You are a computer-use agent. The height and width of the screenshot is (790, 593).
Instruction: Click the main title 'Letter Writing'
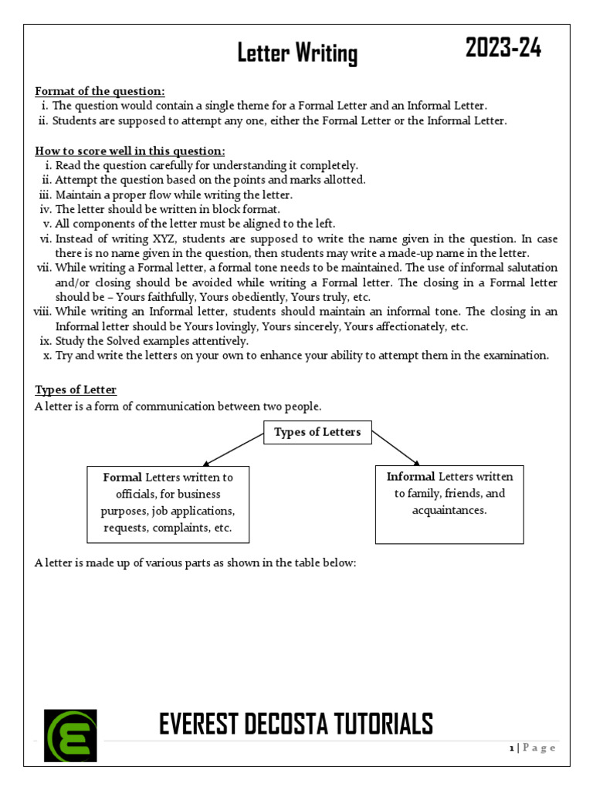[x=297, y=54]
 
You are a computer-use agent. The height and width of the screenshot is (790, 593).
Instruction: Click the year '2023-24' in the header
[x=503, y=49]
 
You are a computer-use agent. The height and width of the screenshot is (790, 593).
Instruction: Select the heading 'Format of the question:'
[x=100, y=91]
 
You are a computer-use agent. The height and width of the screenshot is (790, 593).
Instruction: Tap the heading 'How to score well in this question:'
[x=130, y=150]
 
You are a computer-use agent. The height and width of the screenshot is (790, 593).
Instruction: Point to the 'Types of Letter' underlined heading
[x=76, y=390]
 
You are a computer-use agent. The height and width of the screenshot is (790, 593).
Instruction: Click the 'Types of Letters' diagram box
[x=317, y=432]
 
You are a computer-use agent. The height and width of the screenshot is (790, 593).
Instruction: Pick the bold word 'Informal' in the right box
[x=411, y=477]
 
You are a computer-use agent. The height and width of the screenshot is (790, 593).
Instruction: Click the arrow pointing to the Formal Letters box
[x=234, y=449]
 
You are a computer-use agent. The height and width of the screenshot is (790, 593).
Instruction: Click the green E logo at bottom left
[x=71, y=736]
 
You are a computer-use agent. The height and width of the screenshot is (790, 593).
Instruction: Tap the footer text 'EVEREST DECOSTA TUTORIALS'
[x=296, y=724]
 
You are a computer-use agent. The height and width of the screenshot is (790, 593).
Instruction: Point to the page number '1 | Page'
[x=532, y=748]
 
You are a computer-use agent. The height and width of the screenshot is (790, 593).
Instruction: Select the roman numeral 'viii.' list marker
[x=42, y=312]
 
